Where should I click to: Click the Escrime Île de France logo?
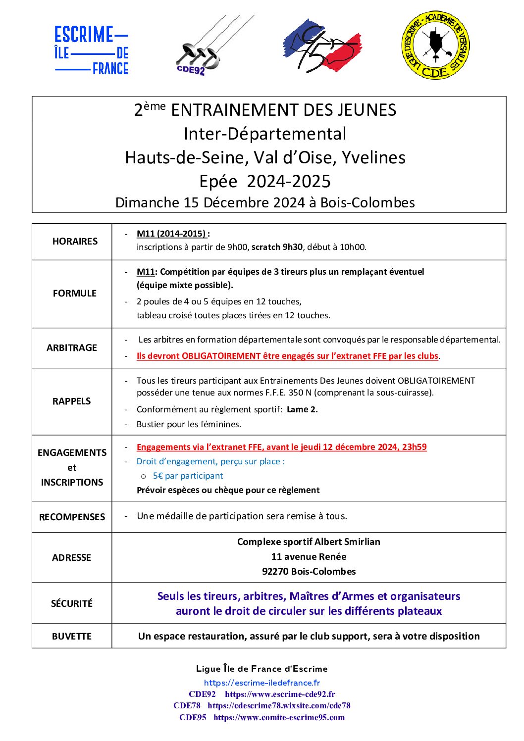(92, 50)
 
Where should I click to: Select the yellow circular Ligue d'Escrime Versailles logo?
(435, 45)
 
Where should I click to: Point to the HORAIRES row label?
(75, 242)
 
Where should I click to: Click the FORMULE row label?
(75, 294)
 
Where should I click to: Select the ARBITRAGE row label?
(72, 348)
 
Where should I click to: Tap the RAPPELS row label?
(72, 401)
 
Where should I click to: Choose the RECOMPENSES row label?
(72, 517)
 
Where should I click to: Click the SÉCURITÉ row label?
(72, 604)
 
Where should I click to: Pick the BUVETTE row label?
(72, 637)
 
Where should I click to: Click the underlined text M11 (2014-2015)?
(171, 234)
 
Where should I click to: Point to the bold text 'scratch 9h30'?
(277, 247)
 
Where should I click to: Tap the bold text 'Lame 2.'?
(302, 409)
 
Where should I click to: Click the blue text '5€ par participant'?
(188, 476)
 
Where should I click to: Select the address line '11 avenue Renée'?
(309, 557)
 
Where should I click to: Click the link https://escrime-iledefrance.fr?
(262, 683)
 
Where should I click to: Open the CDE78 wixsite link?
(279, 706)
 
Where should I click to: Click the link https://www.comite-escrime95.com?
(279, 718)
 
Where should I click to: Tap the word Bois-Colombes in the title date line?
(367, 203)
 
